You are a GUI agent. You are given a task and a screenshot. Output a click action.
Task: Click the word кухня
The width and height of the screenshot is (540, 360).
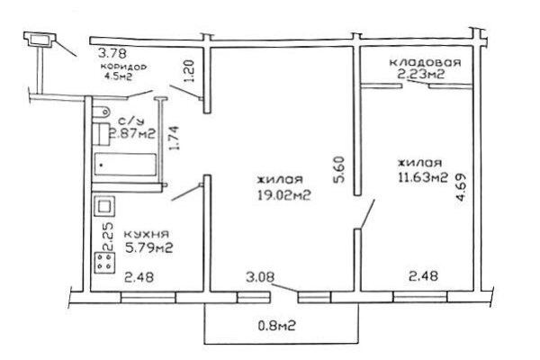(147, 234)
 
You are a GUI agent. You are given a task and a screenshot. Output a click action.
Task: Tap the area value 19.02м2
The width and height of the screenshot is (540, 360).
(284, 195)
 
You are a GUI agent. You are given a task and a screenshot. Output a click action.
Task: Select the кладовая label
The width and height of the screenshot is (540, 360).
(425, 62)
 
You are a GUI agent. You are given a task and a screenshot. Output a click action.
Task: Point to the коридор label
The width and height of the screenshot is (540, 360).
(123, 67)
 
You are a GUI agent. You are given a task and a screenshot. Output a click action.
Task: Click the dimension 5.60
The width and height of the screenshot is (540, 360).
(339, 169)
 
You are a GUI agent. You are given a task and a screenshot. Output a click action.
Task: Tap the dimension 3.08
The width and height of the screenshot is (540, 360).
(260, 277)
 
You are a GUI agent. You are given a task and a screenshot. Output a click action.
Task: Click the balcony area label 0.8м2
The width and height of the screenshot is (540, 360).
(277, 326)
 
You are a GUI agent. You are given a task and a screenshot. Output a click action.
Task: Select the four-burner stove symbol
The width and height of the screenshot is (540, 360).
(104, 263)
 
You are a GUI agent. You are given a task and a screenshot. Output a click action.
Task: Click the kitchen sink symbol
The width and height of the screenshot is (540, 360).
(104, 206)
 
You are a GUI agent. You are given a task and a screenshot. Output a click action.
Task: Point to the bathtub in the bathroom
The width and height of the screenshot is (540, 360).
(125, 165)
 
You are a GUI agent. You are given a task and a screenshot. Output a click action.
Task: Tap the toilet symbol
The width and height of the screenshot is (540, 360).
(101, 112)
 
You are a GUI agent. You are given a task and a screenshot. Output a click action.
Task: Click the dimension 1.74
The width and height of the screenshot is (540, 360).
(175, 138)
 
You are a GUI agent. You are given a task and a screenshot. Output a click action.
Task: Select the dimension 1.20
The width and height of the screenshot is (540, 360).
(189, 71)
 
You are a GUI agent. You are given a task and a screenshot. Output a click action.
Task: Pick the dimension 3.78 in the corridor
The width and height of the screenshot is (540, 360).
(112, 53)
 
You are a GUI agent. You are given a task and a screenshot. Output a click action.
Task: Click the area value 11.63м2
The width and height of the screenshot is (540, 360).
(423, 177)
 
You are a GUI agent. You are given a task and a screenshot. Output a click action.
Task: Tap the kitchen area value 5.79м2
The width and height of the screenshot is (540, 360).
(148, 248)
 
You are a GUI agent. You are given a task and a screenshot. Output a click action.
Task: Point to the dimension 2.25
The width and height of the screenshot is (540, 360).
(108, 237)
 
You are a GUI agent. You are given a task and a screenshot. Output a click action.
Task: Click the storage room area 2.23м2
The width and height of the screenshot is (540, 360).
(421, 74)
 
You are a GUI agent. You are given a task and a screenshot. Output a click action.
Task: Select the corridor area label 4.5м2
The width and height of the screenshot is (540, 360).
(118, 76)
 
